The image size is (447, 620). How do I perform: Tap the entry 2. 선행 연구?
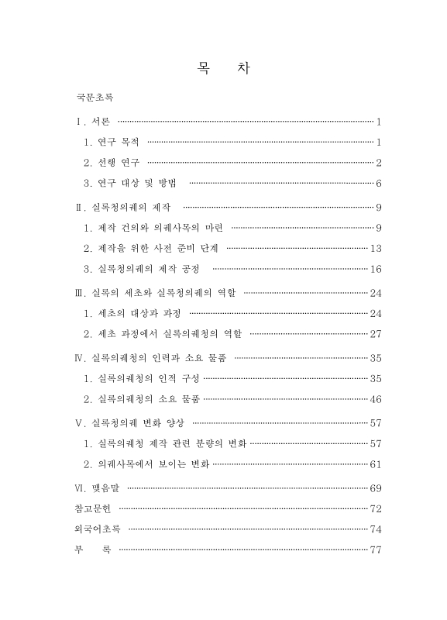point(112,163)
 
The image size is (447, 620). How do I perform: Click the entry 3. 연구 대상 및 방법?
point(131,184)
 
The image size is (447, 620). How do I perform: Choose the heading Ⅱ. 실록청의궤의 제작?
point(123,208)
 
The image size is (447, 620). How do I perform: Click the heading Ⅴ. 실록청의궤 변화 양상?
point(128,423)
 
